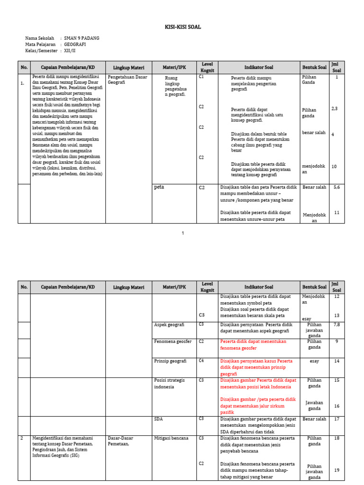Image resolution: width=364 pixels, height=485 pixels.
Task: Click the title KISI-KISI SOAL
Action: point(182,27)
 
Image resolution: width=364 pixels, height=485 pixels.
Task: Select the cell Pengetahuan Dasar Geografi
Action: point(127,80)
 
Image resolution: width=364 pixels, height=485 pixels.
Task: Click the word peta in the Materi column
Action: point(159,187)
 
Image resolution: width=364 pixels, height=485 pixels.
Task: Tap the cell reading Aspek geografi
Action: point(169,325)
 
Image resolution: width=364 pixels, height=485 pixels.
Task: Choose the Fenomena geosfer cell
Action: point(173,341)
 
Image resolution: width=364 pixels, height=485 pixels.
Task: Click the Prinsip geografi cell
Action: point(171,361)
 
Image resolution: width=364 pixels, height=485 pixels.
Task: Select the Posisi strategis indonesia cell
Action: point(169,383)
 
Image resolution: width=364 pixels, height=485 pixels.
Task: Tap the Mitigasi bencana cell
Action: point(172,438)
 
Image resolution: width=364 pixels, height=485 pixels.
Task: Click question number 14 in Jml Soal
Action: point(337,361)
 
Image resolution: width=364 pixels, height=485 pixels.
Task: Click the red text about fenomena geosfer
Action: point(254,345)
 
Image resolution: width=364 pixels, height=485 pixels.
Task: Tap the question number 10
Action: point(334,166)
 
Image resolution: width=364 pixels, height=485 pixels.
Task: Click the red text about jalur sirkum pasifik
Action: point(258,406)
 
